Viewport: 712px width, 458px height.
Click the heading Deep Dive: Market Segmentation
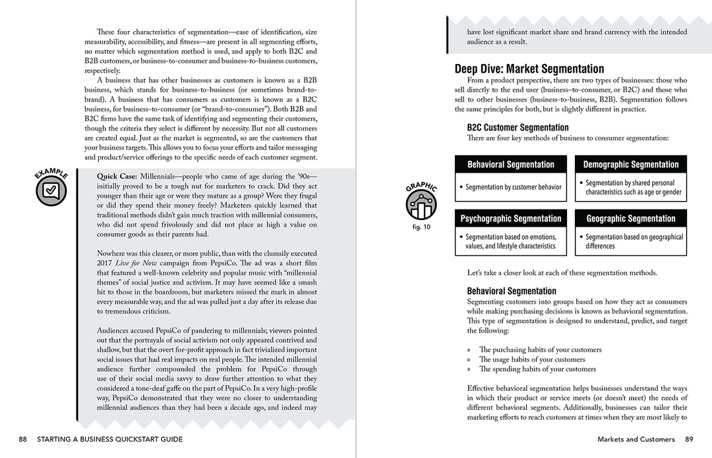click(x=529, y=69)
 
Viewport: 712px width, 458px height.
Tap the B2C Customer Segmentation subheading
click(x=518, y=127)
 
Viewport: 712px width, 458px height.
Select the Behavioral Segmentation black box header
click(x=511, y=164)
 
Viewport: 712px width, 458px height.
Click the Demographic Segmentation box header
click(x=631, y=164)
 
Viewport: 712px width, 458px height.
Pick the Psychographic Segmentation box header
click(x=511, y=218)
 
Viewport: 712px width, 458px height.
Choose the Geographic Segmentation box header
click(x=631, y=218)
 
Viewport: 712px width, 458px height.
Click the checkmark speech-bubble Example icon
click(x=51, y=190)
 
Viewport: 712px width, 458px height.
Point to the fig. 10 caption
click(x=421, y=227)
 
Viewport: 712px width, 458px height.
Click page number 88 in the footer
click(x=23, y=439)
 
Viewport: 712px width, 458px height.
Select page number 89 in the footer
click(x=689, y=439)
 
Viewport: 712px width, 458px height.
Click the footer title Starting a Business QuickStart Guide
click(x=110, y=439)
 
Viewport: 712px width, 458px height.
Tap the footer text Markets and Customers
click(x=636, y=439)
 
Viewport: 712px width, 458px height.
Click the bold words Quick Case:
click(x=116, y=177)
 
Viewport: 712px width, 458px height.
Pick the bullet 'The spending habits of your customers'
click(x=537, y=369)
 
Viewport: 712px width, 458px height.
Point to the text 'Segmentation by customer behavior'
click(x=514, y=187)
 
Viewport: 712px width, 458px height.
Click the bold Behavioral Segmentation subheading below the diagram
click(x=512, y=291)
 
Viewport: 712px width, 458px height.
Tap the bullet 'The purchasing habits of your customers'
click(x=540, y=350)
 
